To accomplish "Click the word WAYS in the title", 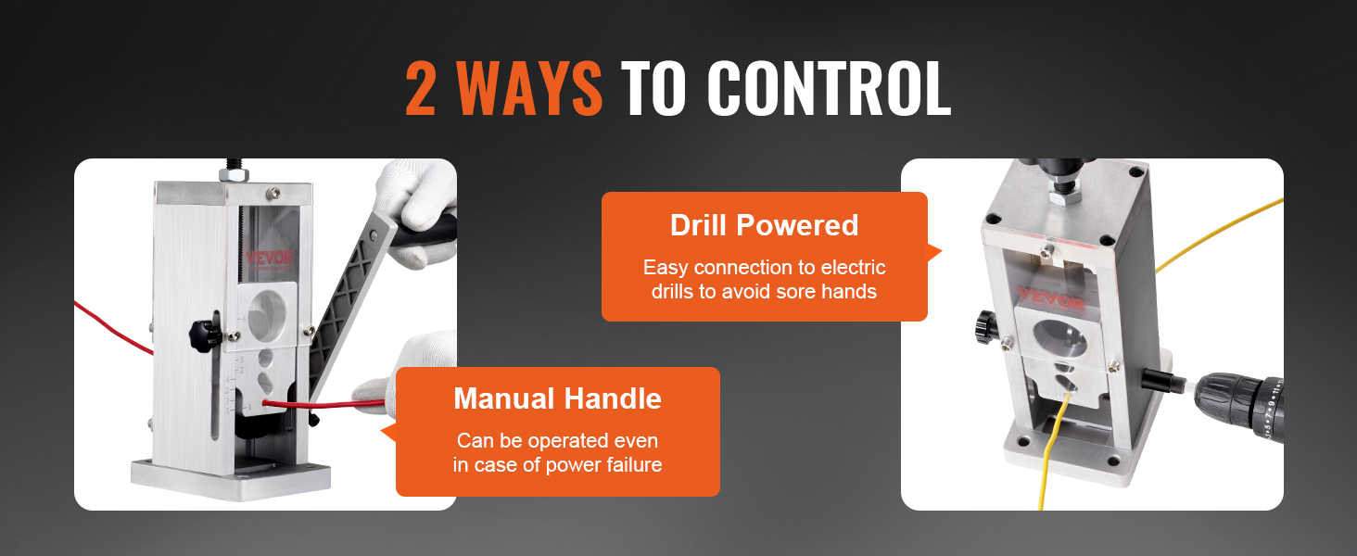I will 530,90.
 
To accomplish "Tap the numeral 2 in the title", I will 422,90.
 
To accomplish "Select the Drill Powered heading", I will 764,225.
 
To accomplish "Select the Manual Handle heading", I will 557,398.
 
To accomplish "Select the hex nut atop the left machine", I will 229,174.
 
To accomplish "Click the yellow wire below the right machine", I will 1047,463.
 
